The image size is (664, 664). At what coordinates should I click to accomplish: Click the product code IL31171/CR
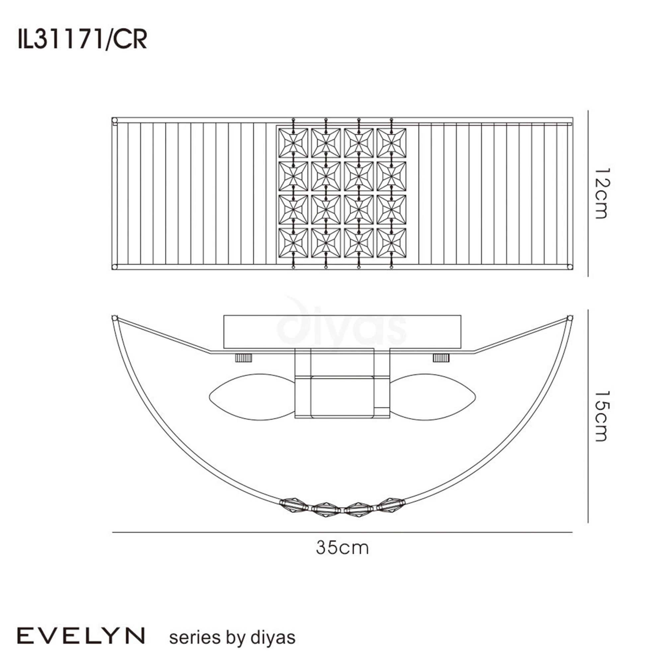(82, 40)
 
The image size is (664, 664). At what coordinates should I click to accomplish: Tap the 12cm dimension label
(601, 194)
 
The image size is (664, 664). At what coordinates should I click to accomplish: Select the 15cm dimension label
(601, 416)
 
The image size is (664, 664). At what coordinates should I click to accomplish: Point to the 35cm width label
(342, 548)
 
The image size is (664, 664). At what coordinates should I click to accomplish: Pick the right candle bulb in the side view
(433, 397)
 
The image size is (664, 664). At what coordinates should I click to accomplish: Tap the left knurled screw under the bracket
(243, 358)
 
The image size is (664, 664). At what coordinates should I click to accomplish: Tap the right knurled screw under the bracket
(441, 358)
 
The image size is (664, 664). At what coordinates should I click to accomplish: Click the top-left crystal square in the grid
(293, 143)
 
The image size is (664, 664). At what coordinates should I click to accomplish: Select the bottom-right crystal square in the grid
(391, 243)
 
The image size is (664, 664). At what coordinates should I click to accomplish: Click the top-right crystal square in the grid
(391, 143)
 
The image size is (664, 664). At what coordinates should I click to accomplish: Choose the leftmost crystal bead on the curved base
(294, 505)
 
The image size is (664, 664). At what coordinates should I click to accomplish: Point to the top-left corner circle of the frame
(115, 121)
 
